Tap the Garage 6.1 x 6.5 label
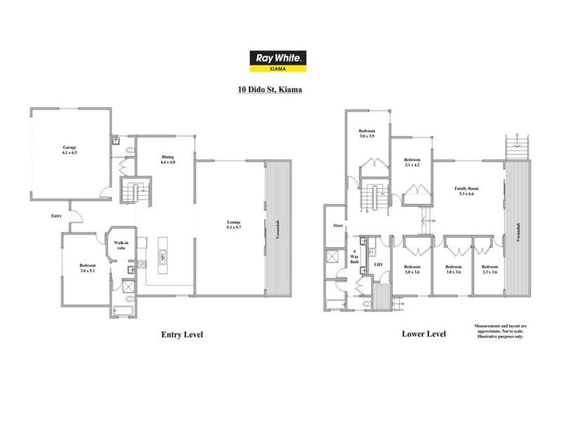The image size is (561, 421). click(x=69, y=150)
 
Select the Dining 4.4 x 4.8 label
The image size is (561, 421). click(x=167, y=159)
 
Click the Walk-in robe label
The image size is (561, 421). click(x=121, y=246)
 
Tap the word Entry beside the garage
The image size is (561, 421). click(x=57, y=216)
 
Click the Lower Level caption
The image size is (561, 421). click(x=424, y=334)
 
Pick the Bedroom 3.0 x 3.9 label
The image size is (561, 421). click(x=367, y=133)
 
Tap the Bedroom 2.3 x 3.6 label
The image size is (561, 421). click(x=489, y=269)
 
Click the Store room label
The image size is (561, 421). click(x=338, y=226)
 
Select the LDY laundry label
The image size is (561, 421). click(x=379, y=265)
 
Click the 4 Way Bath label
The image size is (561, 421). click(x=354, y=257)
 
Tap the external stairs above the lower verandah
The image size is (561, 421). click(x=518, y=148)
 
